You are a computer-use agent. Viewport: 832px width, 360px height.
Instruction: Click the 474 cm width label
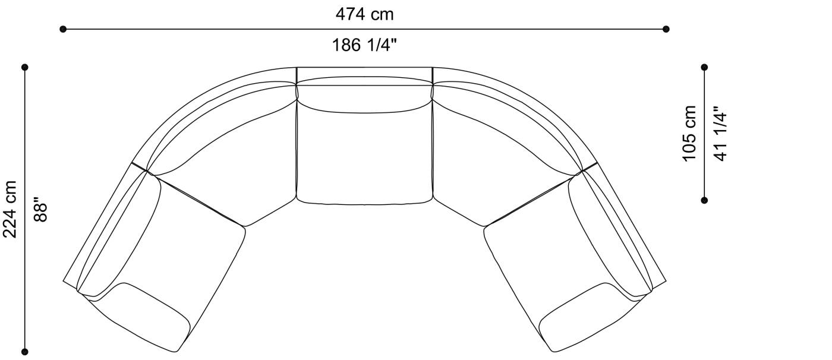click(364, 14)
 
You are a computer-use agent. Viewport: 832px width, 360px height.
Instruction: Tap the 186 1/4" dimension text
click(364, 45)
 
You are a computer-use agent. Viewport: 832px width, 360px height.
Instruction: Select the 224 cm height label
click(10, 209)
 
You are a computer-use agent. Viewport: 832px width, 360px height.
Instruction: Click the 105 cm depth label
click(689, 134)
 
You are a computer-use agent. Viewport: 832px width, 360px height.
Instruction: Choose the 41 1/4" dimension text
click(720, 134)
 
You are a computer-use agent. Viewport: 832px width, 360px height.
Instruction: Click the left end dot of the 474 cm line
click(63, 29)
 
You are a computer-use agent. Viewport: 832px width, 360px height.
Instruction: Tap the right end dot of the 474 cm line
click(666, 29)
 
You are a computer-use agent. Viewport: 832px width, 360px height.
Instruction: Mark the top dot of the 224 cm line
click(25, 67)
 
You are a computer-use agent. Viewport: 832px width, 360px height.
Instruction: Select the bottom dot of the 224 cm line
click(25, 352)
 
